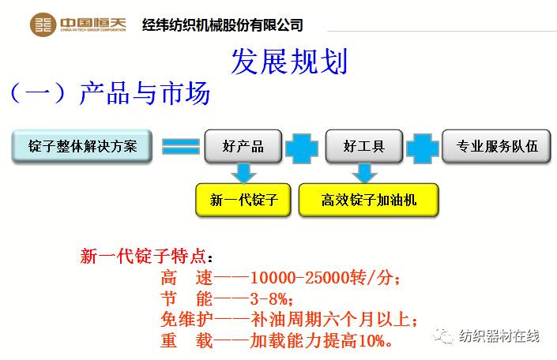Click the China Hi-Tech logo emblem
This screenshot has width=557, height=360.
click(x=43, y=24)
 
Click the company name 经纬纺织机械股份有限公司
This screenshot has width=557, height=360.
click(x=222, y=24)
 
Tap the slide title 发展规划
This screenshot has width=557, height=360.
click(x=288, y=62)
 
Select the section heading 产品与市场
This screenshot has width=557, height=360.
click(x=145, y=94)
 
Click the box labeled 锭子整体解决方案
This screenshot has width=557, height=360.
click(x=82, y=146)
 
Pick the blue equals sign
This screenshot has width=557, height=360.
click(x=180, y=146)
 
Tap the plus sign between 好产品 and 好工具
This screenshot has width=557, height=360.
click(x=303, y=146)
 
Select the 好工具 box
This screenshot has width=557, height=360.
click(x=364, y=146)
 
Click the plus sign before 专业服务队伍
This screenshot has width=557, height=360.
click(x=423, y=146)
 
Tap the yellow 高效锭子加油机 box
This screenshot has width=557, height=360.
click(x=368, y=200)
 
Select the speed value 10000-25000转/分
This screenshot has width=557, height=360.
click(x=320, y=279)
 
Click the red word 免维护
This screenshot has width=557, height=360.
click(x=185, y=320)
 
